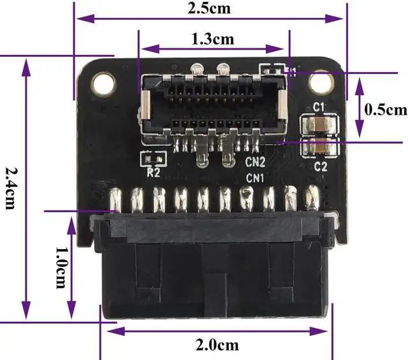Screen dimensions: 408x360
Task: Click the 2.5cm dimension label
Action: click(209, 8)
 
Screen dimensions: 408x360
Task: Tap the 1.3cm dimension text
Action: click(212, 40)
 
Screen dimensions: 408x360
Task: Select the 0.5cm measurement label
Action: click(385, 110)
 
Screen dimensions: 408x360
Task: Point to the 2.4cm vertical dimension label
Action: click(11, 188)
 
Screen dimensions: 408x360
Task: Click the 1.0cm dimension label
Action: click(62, 268)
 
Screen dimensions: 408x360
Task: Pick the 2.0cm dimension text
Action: click(217, 345)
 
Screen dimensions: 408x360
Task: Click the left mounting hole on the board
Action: click(103, 83)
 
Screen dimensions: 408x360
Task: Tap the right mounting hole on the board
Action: click(321, 82)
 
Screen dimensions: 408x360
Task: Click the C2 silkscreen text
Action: click(320, 166)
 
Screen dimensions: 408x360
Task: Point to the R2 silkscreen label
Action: click(153, 173)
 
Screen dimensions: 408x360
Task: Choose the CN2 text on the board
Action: click(255, 162)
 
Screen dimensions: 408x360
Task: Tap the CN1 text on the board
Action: click(255, 178)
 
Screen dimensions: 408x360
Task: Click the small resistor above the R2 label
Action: click(153, 159)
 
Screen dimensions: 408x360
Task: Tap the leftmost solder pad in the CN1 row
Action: click(116, 200)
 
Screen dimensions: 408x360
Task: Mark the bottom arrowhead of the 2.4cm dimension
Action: click(25, 310)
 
